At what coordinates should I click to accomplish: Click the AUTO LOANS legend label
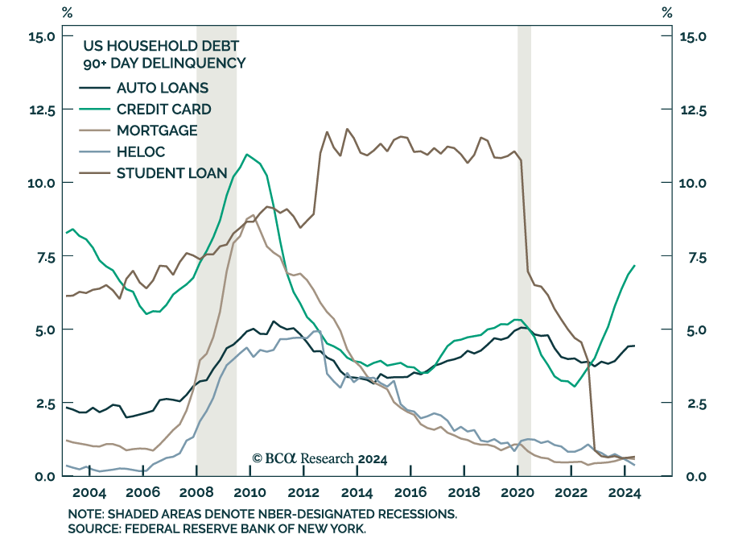coord(163,88)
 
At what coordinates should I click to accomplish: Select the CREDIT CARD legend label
coord(164,110)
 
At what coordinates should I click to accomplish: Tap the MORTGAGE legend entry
coord(157,130)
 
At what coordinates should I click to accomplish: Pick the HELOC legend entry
coord(140,151)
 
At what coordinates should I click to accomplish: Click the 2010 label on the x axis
coord(249,493)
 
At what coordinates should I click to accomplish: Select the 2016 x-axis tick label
coord(411,493)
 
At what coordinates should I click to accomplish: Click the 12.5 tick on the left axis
coord(40,110)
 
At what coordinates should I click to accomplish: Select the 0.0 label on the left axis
coord(43,476)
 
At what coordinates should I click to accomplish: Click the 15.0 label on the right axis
coord(692,36)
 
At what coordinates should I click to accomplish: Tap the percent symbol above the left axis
coord(66,12)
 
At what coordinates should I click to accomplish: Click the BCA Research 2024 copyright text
coord(320,458)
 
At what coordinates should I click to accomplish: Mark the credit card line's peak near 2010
coord(247,155)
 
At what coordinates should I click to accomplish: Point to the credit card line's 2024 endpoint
coord(635,266)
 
